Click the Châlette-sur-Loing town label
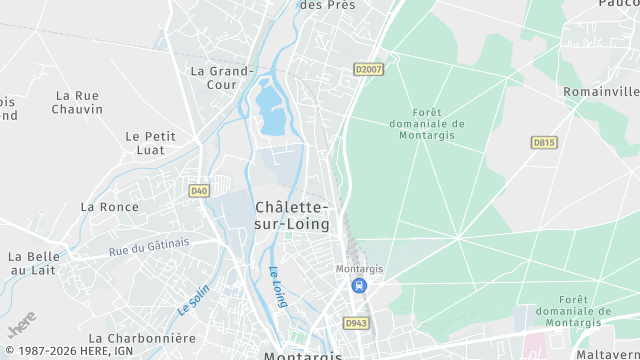[x=292, y=215]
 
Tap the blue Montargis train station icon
[x=358, y=286]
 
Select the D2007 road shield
[x=369, y=69]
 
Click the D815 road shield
[x=544, y=143]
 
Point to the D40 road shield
[x=199, y=190]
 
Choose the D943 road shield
[x=355, y=323]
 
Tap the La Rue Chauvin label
[x=77, y=102]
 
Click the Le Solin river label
[x=193, y=300]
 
